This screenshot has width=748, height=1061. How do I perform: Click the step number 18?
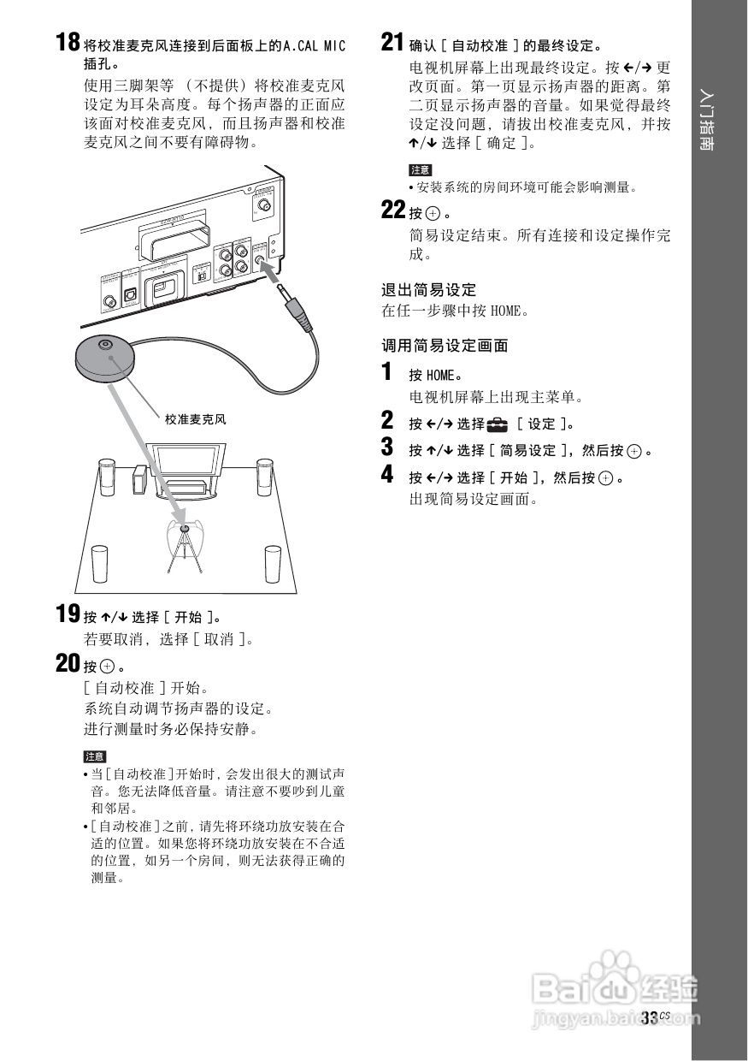(68, 42)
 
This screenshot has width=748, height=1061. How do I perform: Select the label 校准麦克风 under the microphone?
(196, 419)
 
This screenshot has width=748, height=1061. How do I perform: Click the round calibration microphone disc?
(104, 355)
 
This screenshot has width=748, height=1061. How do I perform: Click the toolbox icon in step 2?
(497, 424)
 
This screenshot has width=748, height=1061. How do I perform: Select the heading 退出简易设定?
(428, 290)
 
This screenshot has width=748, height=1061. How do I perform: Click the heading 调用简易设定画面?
(445, 346)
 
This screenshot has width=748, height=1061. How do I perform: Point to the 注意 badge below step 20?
(95, 756)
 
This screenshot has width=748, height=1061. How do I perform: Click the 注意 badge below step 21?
(421, 170)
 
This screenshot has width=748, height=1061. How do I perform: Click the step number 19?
(68, 614)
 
